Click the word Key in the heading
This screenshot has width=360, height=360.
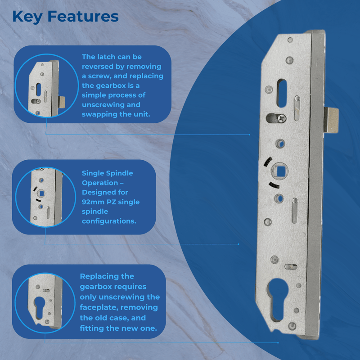point(27,17)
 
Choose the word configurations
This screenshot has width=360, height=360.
point(109,221)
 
